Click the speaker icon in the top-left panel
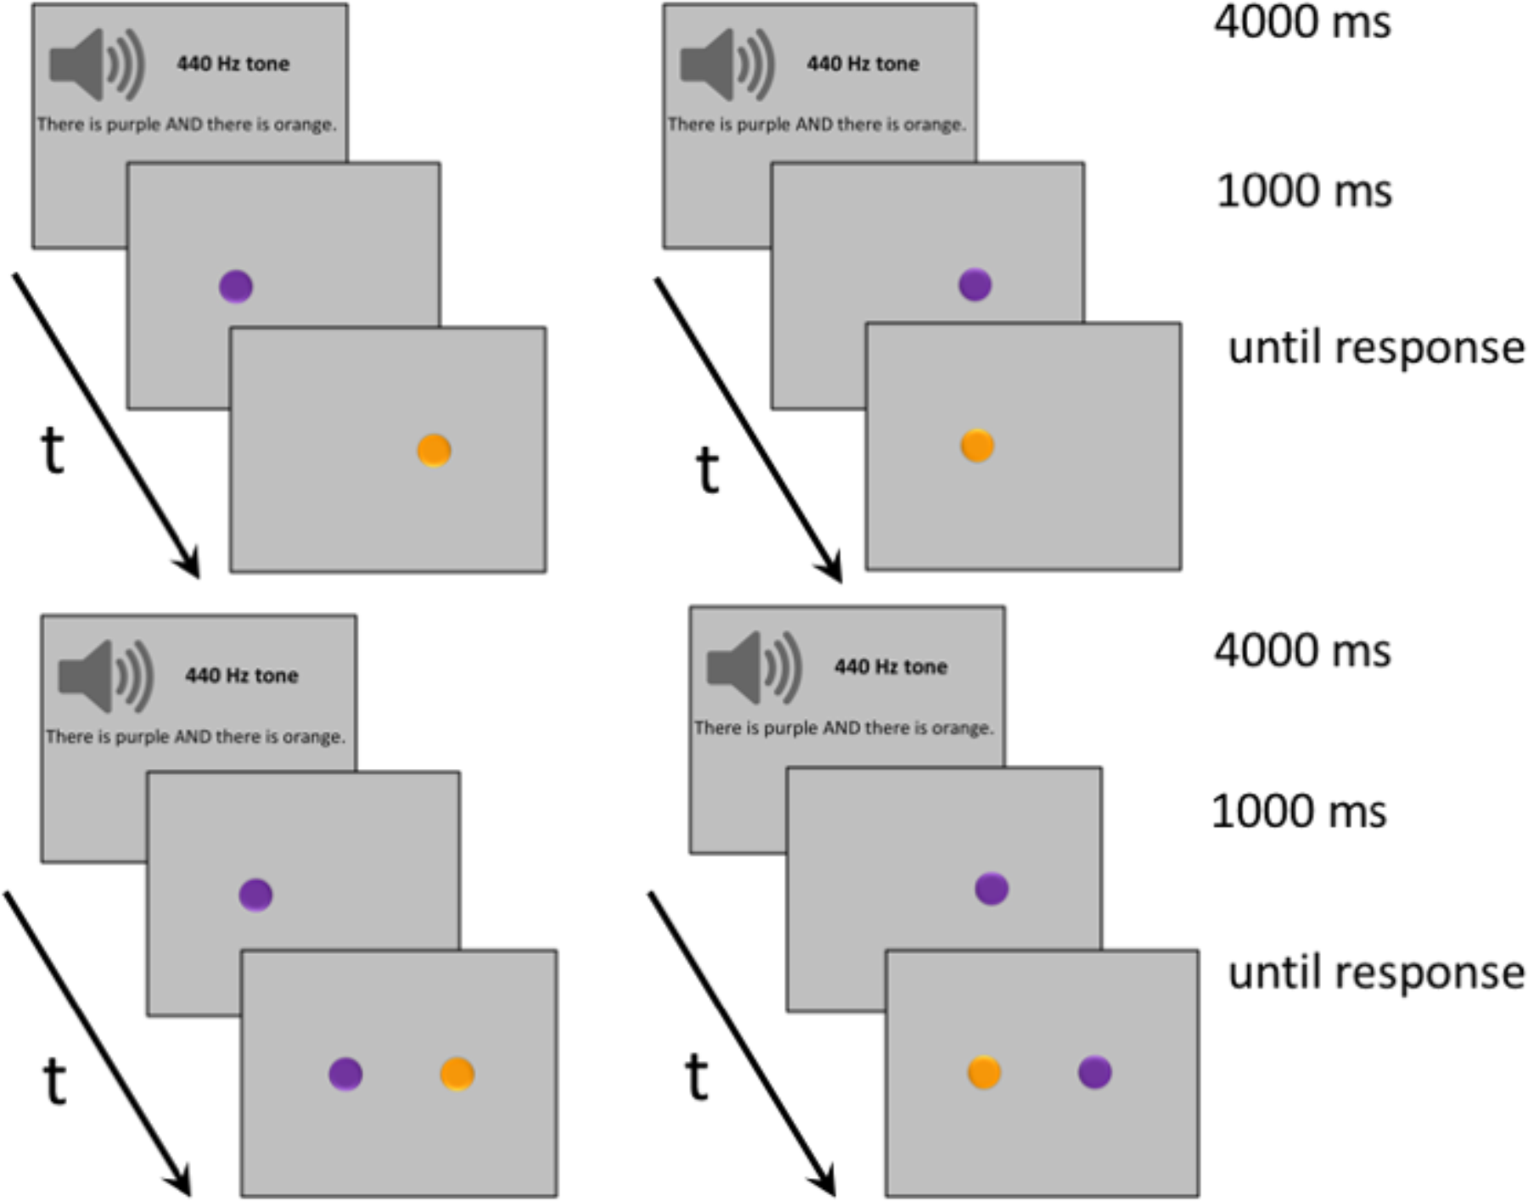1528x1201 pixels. tap(95, 65)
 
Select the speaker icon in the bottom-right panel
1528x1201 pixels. tap(752, 667)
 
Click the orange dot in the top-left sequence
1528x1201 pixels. tap(434, 451)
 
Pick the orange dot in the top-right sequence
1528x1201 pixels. tap(977, 446)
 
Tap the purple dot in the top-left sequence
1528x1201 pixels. tap(236, 286)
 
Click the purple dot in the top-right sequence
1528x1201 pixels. tap(975, 284)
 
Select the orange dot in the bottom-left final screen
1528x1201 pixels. tap(457, 1074)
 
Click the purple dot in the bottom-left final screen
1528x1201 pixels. tap(345, 1074)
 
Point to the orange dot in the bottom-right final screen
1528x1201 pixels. tap(984, 1072)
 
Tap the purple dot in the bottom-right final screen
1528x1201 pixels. tap(1095, 1072)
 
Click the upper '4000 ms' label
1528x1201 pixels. tap(1302, 22)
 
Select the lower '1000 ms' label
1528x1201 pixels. tap(1299, 811)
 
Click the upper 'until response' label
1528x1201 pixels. tap(1375, 348)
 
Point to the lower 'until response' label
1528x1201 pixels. tap(1375, 973)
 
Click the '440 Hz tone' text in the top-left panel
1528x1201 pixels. tap(233, 64)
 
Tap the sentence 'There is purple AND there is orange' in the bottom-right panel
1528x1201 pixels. tap(844, 728)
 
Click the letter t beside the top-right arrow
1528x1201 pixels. tap(707, 469)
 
